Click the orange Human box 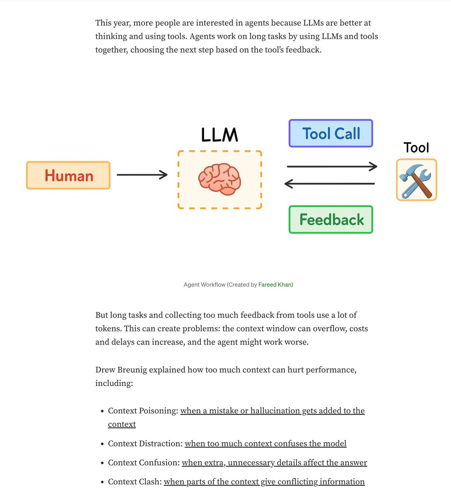pyautogui.click(x=68, y=176)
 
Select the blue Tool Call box pyautogui.click(x=331, y=133)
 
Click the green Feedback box pyautogui.click(x=331, y=220)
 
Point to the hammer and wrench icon pyautogui.click(x=416, y=180)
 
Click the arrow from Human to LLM pyautogui.click(x=142, y=175)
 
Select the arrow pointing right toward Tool pyautogui.click(x=332, y=166)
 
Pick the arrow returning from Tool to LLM pyautogui.click(x=330, y=183)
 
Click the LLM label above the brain pyautogui.click(x=219, y=135)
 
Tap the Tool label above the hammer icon pyautogui.click(x=416, y=148)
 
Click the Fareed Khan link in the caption pyautogui.click(x=275, y=285)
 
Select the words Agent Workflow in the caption pyautogui.click(x=205, y=285)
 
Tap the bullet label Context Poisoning pyautogui.click(x=143, y=411)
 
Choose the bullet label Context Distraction pyautogui.click(x=145, y=444)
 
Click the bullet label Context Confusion pyautogui.click(x=144, y=463)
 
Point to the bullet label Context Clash pyautogui.click(x=135, y=482)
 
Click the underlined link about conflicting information pyautogui.click(x=264, y=482)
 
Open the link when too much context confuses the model pyautogui.click(x=265, y=444)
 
